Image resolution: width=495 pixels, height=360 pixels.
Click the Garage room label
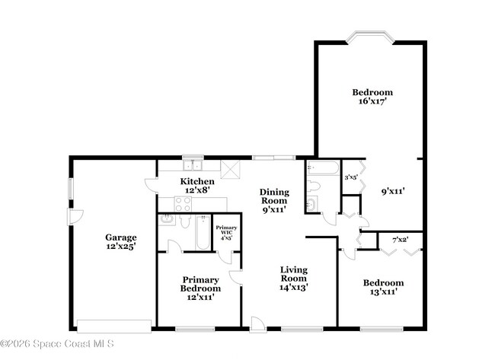pos(120,241)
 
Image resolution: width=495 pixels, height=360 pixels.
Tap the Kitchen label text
pos(196,185)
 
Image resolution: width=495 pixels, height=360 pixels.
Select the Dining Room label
pos(274,201)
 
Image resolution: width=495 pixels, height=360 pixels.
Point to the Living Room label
pos(293,278)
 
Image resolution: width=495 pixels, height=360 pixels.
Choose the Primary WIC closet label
pos(225,233)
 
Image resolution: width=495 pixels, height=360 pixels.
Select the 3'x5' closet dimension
pos(351,177)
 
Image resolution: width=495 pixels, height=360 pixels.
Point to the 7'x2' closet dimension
pos(400,241)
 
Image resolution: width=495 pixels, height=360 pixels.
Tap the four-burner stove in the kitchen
pos(183,203)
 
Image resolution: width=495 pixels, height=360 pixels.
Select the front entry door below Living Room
pos(260,323)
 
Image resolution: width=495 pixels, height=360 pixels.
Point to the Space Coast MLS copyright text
pos(57,344)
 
